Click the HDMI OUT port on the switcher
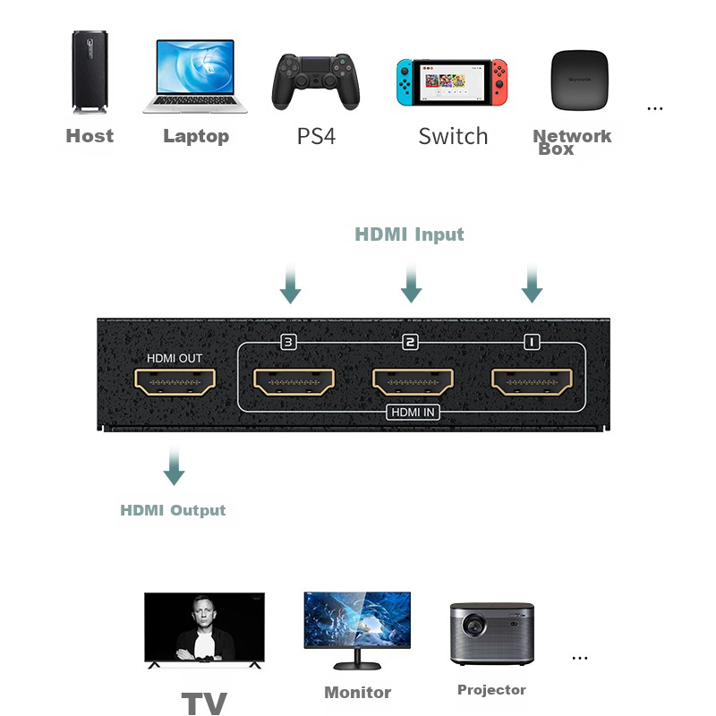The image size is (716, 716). (x=175, y=382)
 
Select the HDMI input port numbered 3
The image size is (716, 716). (x=294, y=382)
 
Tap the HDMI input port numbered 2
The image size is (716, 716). (x=413, y=382)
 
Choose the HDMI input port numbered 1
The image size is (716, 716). (x=532, y=382)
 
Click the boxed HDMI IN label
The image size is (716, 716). (x=413, y=412)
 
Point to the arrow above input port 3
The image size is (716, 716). (x=290, y=283)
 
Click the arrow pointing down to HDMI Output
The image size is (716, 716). (x=174, y=465)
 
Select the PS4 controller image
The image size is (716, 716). (x=316, y=81)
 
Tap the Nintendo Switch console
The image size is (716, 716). (x=452, y=82)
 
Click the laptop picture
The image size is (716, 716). (x=195, y=76)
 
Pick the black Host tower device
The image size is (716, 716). (x=90, y=72)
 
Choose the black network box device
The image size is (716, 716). (x=579, y=81)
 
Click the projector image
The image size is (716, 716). (x=491, y=634)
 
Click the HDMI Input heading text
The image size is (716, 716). (x=409, y=234)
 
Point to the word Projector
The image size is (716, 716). (x=491, y=689)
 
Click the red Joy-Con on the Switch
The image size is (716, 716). (x=499, y=82)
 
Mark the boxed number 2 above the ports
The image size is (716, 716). (x=410, y=342)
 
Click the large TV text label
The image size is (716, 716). (x=204, y=703)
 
